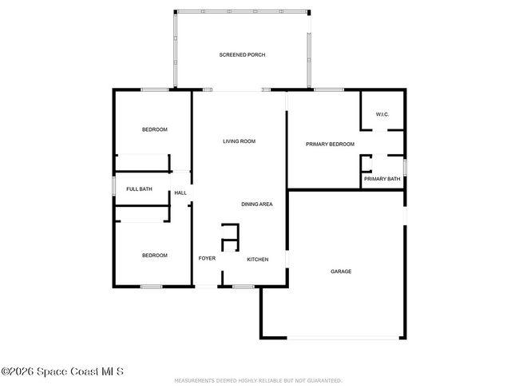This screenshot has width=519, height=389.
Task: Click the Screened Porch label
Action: click(242, 54)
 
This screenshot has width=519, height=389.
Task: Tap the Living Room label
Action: click(239, 141)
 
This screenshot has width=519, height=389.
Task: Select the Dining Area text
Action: click(257, 204)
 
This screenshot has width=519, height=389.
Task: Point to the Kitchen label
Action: click(257, 260)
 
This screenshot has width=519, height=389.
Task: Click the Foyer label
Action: click(207, 259)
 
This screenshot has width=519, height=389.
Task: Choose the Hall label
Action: click(180, 193)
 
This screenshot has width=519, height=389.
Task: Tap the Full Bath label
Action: click(139, 189)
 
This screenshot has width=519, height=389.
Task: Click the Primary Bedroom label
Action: click(330, 144)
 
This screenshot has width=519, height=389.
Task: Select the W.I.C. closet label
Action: click(382, 113)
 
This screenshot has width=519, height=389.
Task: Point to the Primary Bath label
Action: click(382, 179)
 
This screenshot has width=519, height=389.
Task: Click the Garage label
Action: click(341, 272)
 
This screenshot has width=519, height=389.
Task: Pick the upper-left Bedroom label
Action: click(155, 129)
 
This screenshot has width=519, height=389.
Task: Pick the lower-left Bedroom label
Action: click(155, 256)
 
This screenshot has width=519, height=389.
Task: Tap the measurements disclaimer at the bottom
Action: click(259, 381)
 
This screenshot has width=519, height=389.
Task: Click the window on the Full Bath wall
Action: click(113, 189)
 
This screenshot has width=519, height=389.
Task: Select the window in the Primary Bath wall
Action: click(405, 168)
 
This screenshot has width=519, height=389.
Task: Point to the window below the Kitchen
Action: click(244, 286)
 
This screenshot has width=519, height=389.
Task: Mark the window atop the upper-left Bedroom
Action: click(155, 89)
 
